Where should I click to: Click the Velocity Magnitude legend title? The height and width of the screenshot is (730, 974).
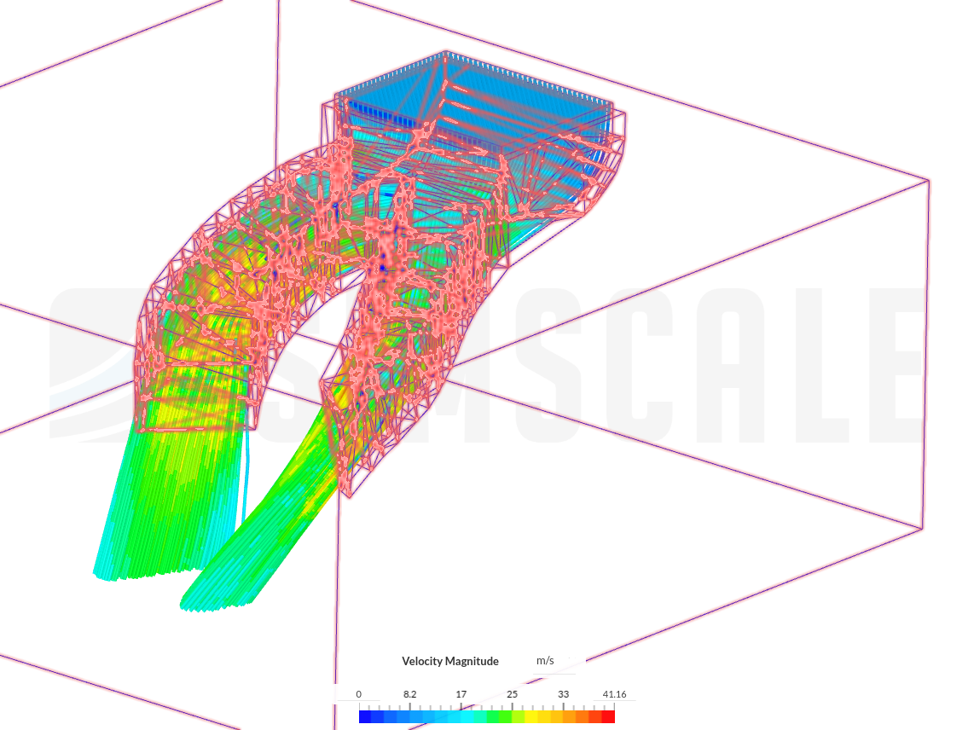click(x=449, y=661)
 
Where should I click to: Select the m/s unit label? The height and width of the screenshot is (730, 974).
click(x=545, y=660)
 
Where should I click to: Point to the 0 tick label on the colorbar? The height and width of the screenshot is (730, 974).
click(x=358, y=694)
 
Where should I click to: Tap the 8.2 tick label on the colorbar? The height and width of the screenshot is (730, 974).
click(x=409, y=694)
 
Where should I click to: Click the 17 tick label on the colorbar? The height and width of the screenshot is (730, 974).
click(x=461, y=694)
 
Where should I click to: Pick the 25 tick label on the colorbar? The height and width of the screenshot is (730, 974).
click(x=512, y=694)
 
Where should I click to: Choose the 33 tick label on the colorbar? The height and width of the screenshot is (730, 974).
click(x=563, y=694)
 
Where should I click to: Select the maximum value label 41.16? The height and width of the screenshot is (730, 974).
click(x=614, y=694)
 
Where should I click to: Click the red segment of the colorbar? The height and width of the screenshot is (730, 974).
click(x=608, y=717)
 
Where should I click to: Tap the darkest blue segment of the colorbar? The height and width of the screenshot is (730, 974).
click(x=365, y=717)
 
